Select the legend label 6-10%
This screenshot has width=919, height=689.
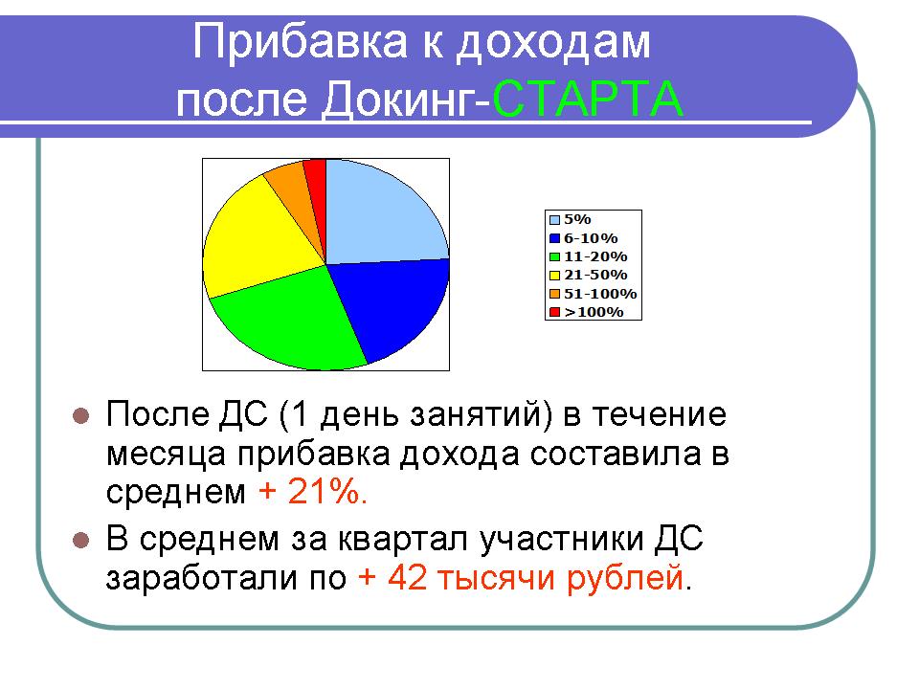click(x=591, y=238)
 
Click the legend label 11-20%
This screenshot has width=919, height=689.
click(x=595, y=256)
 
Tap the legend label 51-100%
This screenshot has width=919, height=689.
click(x=600, y=294)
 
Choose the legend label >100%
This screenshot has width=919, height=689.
click(x=594, y=312)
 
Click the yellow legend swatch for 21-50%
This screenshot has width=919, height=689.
click(x=554, y=276)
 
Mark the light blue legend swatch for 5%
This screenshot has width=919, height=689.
click(x=554, y=220)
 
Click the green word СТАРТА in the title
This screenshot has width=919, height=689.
click(x=588, y=99)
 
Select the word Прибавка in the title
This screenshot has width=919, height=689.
click(x=300, y=42)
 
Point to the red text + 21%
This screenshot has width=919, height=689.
click(x=313, y=491)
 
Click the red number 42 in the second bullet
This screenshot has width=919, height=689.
click(x=406, y=577)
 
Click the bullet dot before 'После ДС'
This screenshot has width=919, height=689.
click(x=80, y=416)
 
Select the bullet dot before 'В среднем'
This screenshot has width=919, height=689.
click(x=80, y=540)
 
